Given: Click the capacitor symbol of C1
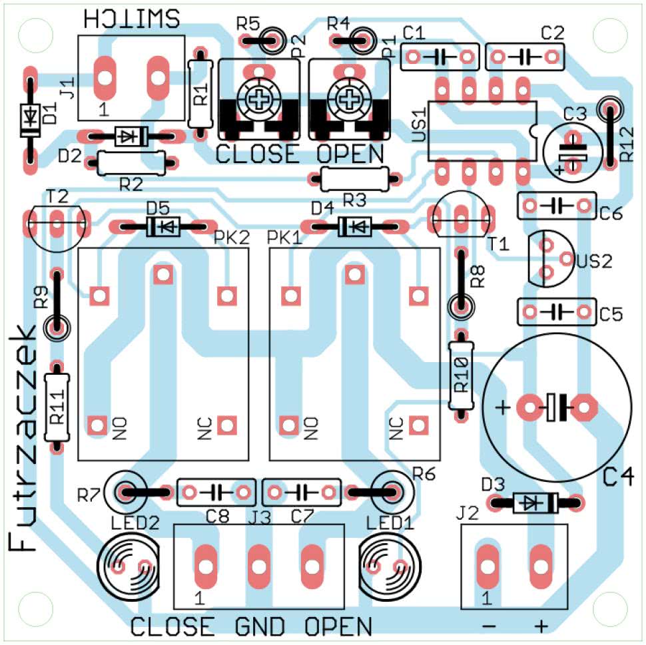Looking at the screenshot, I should click(x=439, y=57).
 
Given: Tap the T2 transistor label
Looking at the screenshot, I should click(x=58, y=196).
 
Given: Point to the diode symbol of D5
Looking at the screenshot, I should click(x=163, y=226).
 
